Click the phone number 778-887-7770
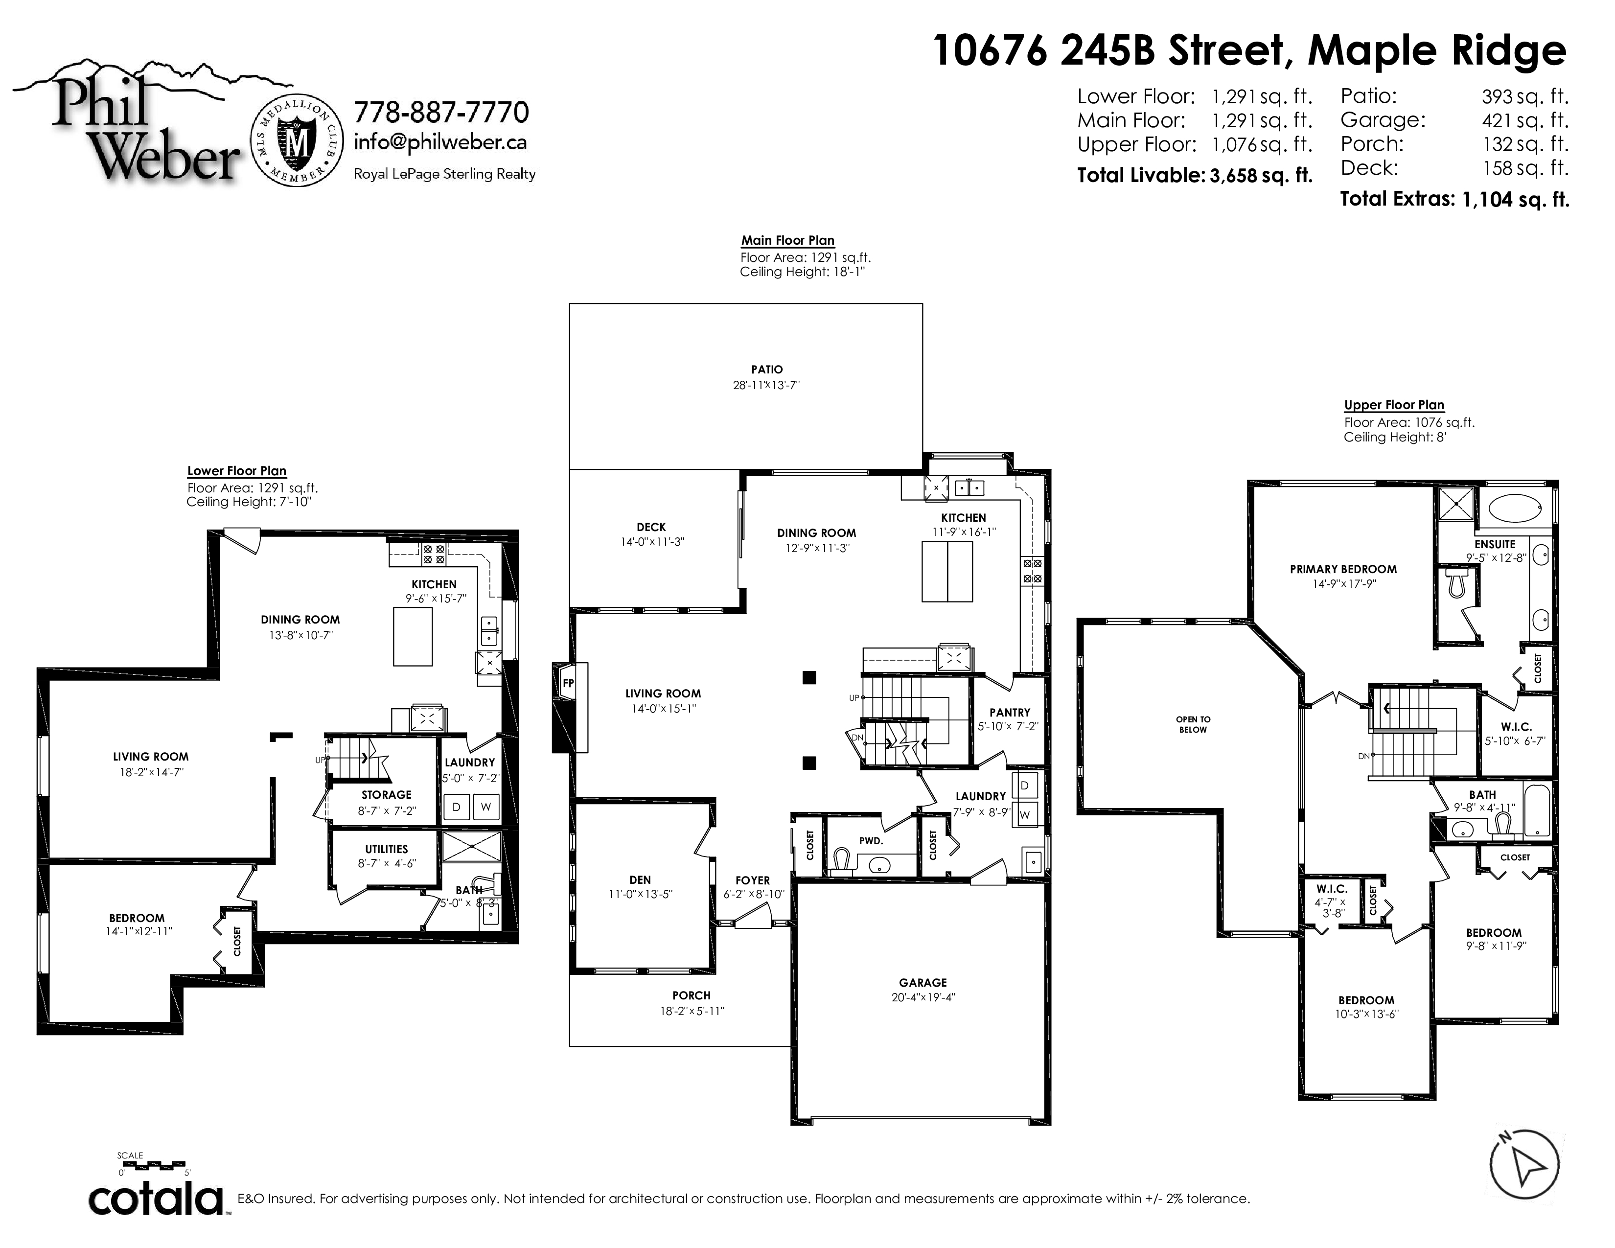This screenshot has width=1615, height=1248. (x=441, y=113)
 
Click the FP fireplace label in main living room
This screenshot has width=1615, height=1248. (x=568, y=683)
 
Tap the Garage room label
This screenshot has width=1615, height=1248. (x=923, y=983)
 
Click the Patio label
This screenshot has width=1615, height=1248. (x=767, y=370)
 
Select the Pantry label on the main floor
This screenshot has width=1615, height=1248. (x=1009, y=713)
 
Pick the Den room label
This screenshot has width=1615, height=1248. (x=641, y=880)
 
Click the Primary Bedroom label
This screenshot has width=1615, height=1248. (x=1343, y=569)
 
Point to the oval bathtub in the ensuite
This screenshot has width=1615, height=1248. (x=1515, y=508)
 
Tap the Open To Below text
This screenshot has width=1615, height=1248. (x=1194, y=724)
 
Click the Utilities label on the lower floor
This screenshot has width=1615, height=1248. (x=386, y=849)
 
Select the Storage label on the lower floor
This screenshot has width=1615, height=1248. (x=386, y=795)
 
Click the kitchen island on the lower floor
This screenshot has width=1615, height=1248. (x=413, y=637)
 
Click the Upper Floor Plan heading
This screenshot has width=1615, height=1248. (x=1394, y=405)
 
